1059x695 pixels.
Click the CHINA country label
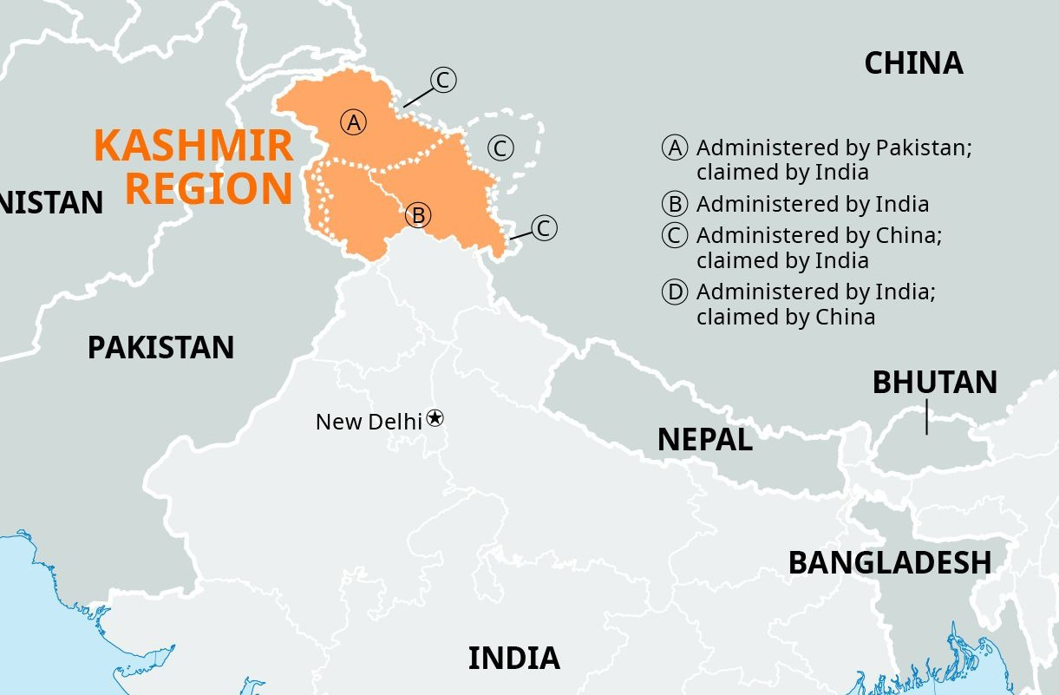[913, 63]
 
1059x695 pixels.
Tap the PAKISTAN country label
[160, 348]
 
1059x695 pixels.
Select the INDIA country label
[513, 659]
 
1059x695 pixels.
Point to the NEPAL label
[704, 440]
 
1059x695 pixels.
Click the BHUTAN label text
[934, 383]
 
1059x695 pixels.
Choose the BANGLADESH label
[889, 562]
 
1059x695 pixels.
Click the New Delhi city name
[369, 422]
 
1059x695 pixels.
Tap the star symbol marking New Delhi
[435, 418]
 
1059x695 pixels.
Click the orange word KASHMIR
[193, 146]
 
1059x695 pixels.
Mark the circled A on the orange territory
[353, 122]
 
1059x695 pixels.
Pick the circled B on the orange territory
[418, 214]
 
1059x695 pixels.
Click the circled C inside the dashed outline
[500, 148]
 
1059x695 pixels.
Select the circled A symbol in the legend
[675, 148]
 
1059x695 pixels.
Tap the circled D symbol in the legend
[675, 292]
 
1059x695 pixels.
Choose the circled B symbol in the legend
[675, 204]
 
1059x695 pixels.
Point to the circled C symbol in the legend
[675, 235]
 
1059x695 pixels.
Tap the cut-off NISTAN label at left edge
[51, 203]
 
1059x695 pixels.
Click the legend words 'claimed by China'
[785, 317]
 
